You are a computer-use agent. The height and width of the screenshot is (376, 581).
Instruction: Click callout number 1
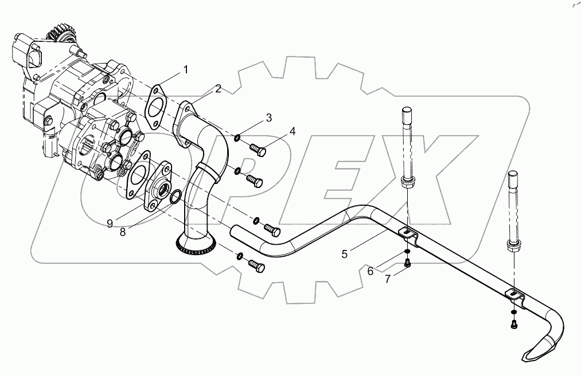(x=185, y=70)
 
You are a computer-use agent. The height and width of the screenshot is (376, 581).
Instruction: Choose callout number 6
(x=371, y=271)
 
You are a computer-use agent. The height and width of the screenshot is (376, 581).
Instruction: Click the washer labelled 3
(x=237, y=137)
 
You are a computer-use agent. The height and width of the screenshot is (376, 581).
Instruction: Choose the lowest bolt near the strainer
(x=256, y=265)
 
